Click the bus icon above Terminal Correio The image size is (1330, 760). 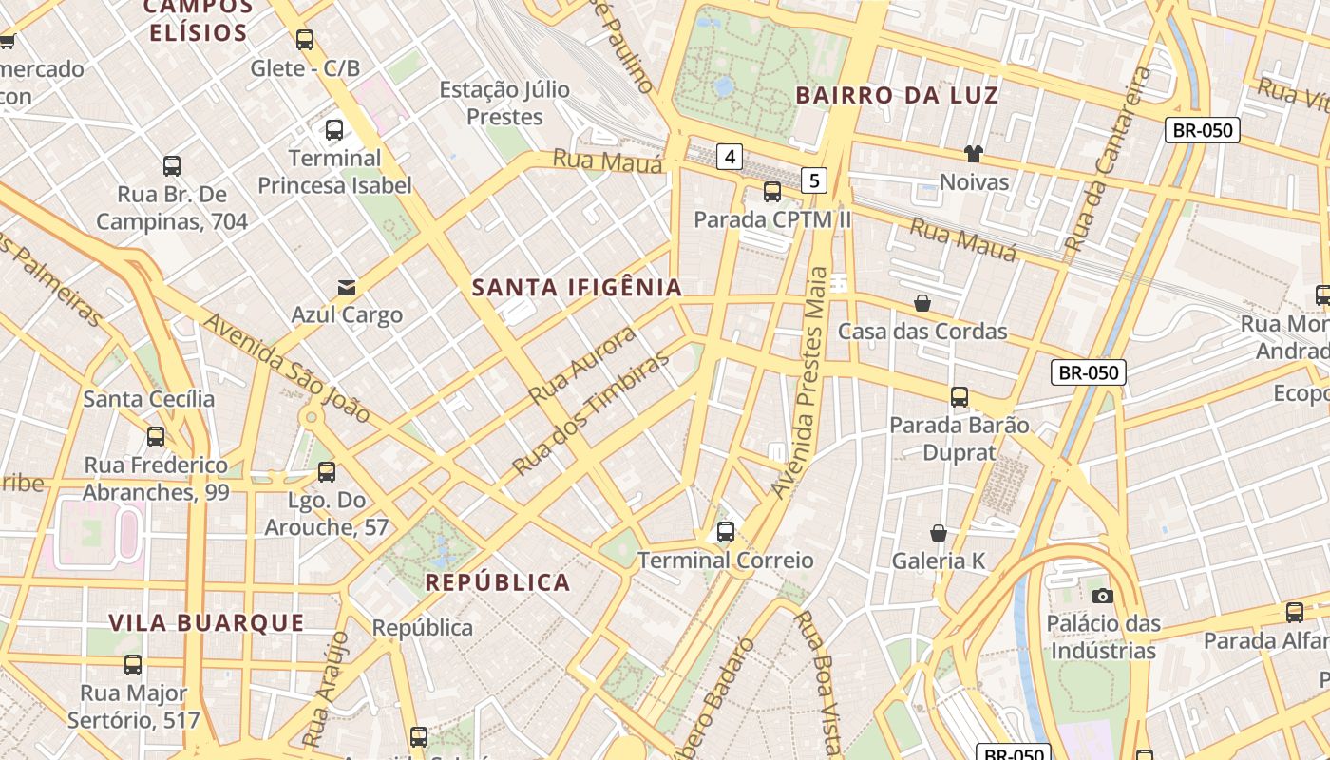[x=726, y=532]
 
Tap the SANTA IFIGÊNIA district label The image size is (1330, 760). [x=577, y=288]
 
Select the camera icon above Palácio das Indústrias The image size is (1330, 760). [x=1102, y=596]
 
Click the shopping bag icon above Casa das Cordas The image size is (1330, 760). [x=921, y=303]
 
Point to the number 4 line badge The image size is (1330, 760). [x=729, y=157]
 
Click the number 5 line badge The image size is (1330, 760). [x=813, y=180]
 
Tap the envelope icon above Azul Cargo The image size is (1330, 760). [x=347, y=287]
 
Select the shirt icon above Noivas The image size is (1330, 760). [x=973, y=154]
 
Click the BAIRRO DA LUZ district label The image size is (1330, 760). [x=897, y=95]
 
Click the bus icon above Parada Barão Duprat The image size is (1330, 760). [x=959, y=397]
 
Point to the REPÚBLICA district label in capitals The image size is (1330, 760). [x=497, y=582]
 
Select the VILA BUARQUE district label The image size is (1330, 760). [x=206, y=623]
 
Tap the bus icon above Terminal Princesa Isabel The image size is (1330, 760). [x=334, y=130]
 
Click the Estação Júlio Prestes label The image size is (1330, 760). [x=504, y=103]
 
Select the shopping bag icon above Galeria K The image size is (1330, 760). [x=939, y=533]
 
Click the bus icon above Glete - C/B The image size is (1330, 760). [x=305, y=40]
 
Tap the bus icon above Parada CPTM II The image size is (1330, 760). [x=772, y=192]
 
